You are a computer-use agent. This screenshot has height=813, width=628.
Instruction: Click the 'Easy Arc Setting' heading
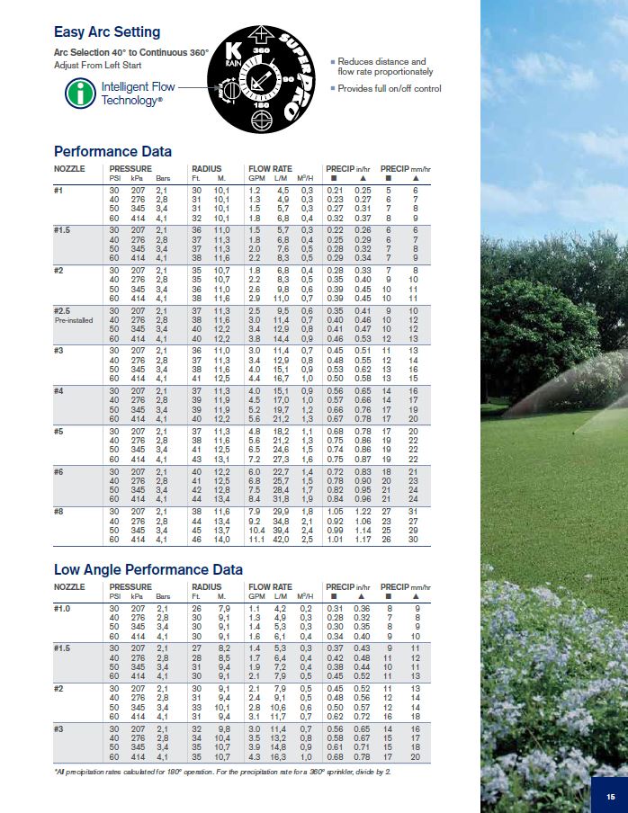pyautogui.click(x=107, y=32)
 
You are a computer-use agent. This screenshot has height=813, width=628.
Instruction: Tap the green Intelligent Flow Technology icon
pyautogui.click(x=83, y=93)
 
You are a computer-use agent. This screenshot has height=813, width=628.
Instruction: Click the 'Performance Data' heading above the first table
pyautogui.click(x=112, y=151)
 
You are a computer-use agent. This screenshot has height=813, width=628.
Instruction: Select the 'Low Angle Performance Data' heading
pyautogui.click(x=148, y=570)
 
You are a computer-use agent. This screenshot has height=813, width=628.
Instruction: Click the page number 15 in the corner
pyautogui.click(x=610, y=796)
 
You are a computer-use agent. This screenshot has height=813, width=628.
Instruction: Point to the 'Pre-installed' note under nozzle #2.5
pyautogui.click(x=73, y=319)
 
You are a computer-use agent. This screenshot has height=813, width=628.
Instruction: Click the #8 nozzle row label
pyautogui.click(x=59, y=510)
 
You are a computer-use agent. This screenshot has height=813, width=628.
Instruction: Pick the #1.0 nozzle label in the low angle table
pyautogui.click(x=63, y=609)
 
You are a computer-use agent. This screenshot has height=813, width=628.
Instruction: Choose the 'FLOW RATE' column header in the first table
pyautogui.click(x=271, y=168)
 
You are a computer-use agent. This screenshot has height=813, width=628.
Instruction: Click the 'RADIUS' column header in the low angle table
pyautogui.click(x=207, y=586)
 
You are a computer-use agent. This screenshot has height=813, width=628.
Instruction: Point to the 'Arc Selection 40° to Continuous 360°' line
pyautogui.click(x=131, y=54)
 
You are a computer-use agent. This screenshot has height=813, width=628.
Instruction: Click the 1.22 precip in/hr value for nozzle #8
pyautogui.click(x=363, y=510)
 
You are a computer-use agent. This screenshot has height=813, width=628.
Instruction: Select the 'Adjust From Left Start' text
pyautogui.click(x=95, y=66)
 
